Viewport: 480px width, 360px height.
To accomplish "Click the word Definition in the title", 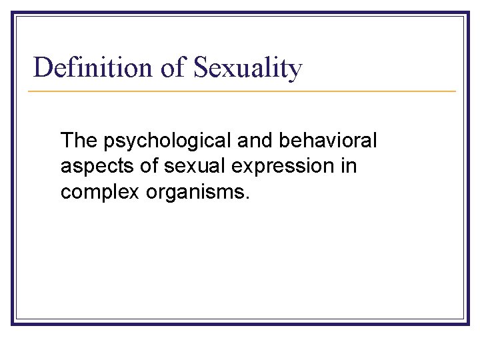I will tap(93, 68).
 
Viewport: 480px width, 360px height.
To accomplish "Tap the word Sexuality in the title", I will tap(248, 68).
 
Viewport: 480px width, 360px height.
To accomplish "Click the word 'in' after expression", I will tap(349, 165).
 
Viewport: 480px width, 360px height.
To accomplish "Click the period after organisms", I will tap(247, 197).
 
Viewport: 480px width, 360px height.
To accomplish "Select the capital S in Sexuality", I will tap(201, 68).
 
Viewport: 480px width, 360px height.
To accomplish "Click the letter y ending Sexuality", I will tap(295, 71).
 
